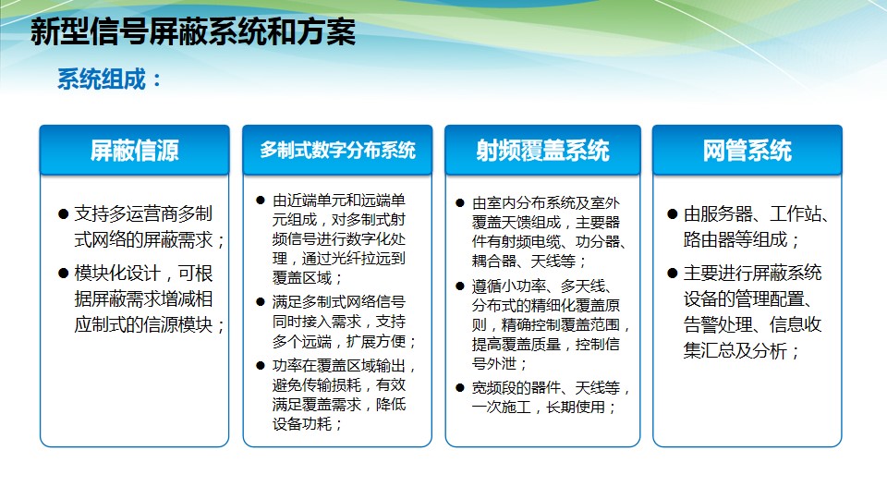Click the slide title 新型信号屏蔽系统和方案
click(193, 31)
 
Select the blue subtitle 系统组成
click(102, 79)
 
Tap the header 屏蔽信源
click(135, 151)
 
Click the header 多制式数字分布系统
click(338, 150)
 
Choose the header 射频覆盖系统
click(542, 151)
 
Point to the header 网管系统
click(747, 151)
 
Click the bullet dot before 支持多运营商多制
click(64, 213)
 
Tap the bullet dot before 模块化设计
click(64, 274)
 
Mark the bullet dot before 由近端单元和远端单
click(261, 201)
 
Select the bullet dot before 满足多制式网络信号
click(261, 302)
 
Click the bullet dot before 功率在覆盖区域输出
click(261, 366)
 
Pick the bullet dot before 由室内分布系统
click(460, 202)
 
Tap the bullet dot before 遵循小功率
click(460, 286)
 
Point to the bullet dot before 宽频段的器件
click(460, 388)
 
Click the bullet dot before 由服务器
click(673, 213)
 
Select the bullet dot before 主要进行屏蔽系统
click(673, 274)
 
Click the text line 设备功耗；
click(307, 424)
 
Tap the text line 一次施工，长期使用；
click(543, 408)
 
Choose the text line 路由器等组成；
click(742, 240)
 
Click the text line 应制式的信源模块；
click(150, 324)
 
